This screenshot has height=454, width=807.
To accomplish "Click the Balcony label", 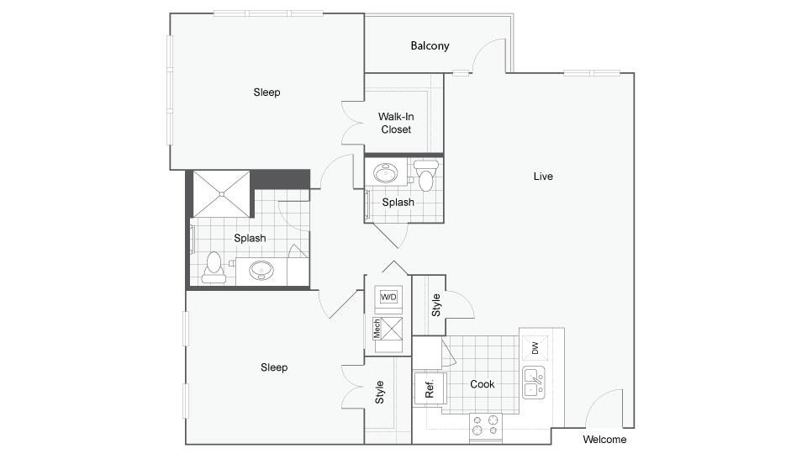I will [x=430, y=46].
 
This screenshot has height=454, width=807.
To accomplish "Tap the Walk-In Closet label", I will [x=395, y=124].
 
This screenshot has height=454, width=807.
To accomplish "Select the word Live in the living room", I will [x=543, y=177].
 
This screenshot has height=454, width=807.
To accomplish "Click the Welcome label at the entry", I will [x=604, y=440].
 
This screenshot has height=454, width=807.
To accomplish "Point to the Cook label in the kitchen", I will [x=483, y=384].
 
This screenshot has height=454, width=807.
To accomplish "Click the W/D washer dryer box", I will [x=388, y=298].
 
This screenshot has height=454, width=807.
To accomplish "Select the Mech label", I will [x=377, y=329].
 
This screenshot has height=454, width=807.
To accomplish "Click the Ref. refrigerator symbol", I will [x=429, y=388].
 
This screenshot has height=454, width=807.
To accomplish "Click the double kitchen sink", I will [x=533, y=382].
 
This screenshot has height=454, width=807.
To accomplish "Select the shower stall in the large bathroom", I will [x=222, y=193].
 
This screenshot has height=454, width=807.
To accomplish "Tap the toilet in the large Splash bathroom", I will [x=214, y=267].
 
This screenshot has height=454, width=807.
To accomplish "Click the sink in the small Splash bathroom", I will [x=387, y=173].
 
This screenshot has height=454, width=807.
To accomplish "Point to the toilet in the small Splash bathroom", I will [x=426, y=176].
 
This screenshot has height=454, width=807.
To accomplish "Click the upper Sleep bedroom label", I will [x=266, y=92].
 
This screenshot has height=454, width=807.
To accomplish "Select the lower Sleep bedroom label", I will [x=274, y=367].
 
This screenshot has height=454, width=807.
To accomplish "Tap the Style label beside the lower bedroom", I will [x=380, y=392].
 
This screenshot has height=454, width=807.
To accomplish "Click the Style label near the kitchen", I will [x=435, y=304].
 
